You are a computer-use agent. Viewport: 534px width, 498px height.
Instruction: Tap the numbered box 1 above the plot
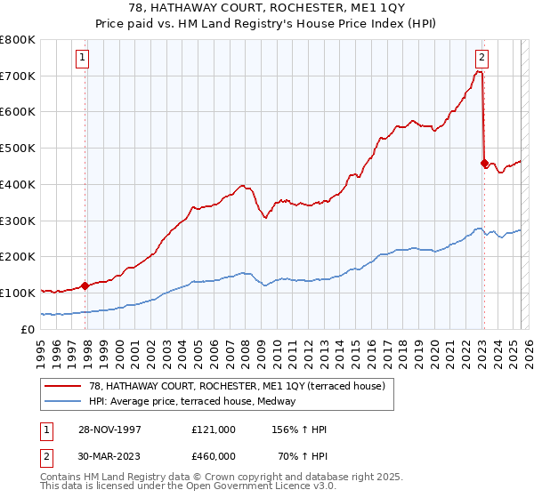pyautogui.click(x=82, y=59)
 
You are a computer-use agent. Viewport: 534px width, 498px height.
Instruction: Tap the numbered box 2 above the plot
pyautogui.click(x=481, y=59)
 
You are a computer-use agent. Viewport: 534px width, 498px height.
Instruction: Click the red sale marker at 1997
pyautogui.click(x=85, y=285)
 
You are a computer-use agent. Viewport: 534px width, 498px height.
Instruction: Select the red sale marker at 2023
pyautogui.click(x=484, y=163)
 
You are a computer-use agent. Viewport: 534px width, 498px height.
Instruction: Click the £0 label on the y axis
pyautogui.click(x=27, y=329)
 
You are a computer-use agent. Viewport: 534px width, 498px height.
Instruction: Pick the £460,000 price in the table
pyautogui.click(x=213, y=456)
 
